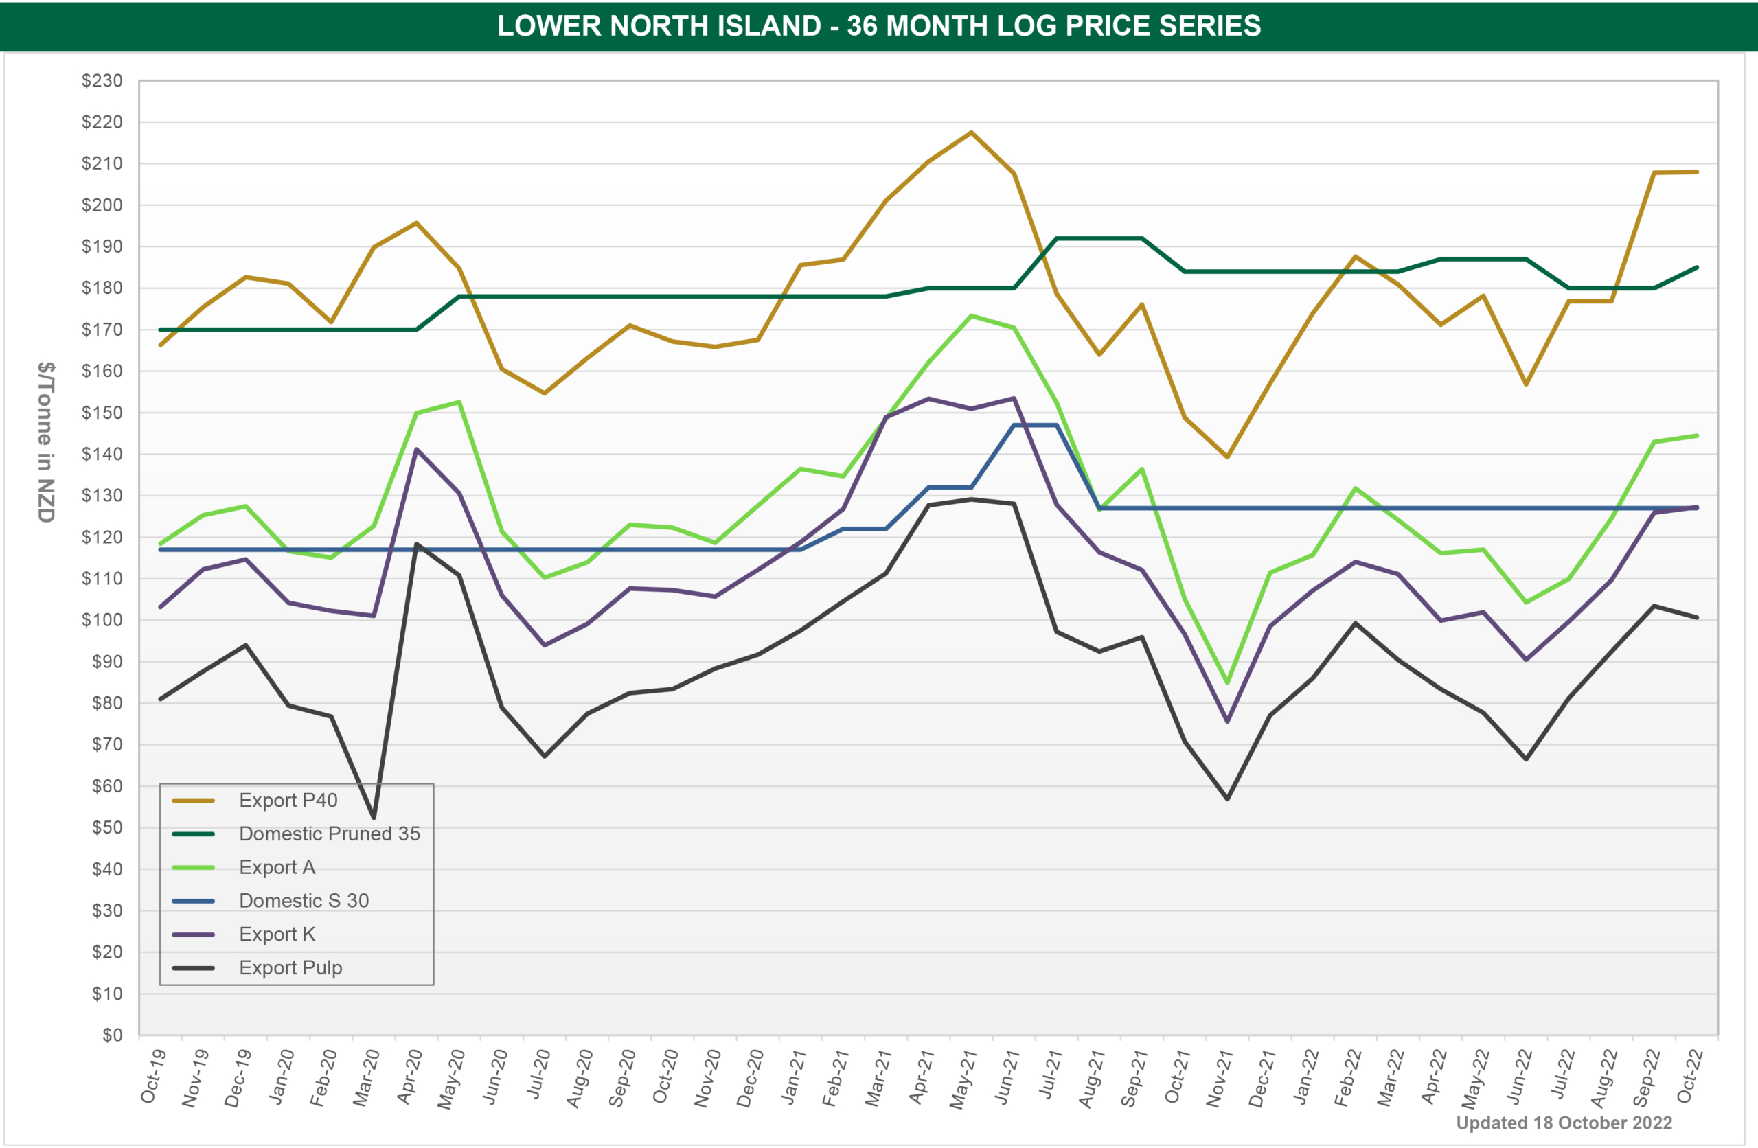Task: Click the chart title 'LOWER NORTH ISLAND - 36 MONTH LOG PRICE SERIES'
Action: [879, 26]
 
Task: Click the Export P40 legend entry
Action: [288, 800]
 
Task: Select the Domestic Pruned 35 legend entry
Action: [330, 834]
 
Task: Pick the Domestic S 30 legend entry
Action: [304, 901]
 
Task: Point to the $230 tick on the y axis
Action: [102, 80]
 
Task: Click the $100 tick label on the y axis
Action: [102, 620]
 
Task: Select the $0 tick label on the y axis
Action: [111, 1035]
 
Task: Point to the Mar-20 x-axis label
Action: [367, 1079]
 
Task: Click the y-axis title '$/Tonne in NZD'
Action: [46, 441]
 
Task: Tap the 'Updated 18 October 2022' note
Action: [1564, 1123]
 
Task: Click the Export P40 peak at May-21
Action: [971, 133]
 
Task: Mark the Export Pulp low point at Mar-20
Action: [374, 818]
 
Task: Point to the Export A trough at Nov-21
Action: [1228, 682]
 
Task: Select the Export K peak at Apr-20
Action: [417, 449]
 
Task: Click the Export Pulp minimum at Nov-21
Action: [1228, 799]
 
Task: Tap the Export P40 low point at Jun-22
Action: [1526, 384]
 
